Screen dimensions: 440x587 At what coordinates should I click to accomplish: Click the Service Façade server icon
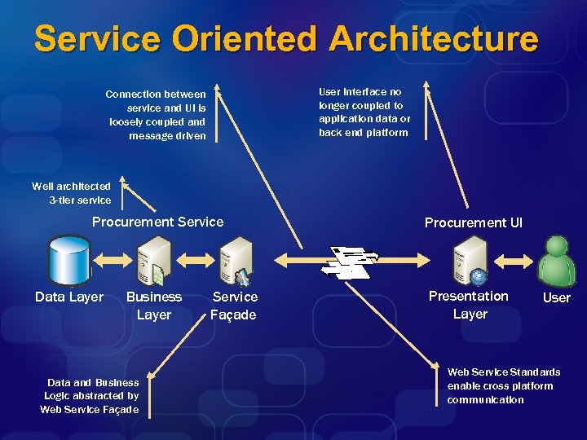(x=236, y=259)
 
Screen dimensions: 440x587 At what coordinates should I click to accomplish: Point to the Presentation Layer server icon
(x=470, y=259)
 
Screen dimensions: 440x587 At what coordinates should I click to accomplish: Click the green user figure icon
(x=557, y=259)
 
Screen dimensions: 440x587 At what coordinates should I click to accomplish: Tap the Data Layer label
(x=69, y=297)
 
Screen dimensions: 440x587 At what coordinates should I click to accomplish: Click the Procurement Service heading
(x=157, y=222)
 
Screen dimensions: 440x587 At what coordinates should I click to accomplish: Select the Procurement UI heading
(x=474, y=222)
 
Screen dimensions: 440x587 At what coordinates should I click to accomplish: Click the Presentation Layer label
(x=469, y=305)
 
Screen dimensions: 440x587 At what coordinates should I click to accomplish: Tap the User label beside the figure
(x=557, y=297)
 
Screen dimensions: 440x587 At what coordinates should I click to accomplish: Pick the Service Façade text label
(x=234, y=306)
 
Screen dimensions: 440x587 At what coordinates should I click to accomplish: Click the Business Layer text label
(x=153, y=306)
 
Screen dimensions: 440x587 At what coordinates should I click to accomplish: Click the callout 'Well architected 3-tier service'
(x=72, y=193)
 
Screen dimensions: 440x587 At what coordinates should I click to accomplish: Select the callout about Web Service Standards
(x=503, y=385)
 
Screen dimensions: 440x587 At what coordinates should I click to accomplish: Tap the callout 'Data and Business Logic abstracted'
(x=90, y=396)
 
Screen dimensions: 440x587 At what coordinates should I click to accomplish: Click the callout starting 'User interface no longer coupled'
(x=364, y=112)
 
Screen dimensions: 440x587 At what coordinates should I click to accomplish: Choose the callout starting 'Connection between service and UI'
(x=157, y=115)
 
